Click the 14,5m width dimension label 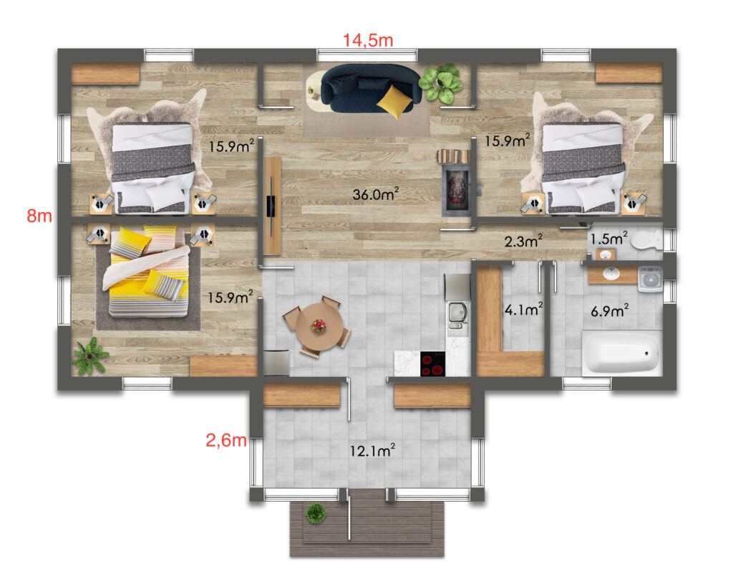pyautogui.click(x=368, y=40)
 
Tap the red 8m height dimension pyautogui.click(x=39, y=216)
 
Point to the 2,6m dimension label pyautogui.click(x=226, y=440)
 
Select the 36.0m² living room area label pyautogui.click(x=375, y=194)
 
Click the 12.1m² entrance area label pyautogui.click(x=372, y=450)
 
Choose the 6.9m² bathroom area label pyautogui.click(x=610, y=310)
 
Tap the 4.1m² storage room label pyautogui.click(x=523, y=309)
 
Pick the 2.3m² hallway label pyautogui.click(x=523, y=241)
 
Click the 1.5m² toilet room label pyautogui.click(x=608, y=239)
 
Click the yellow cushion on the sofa pyautogui.click(x=392, y=101)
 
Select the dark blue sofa pyautogui.click(x=371, y=88)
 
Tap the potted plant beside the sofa pyautogui.click(x=440, y=83)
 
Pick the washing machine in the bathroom pyautogui.click(x=650, y=279)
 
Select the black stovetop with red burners pyautogui.click(x=433, y=363)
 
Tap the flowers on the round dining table pyautogui.click(x=319, y=326)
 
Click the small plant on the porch pyautogui.click(x=316, y=513)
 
